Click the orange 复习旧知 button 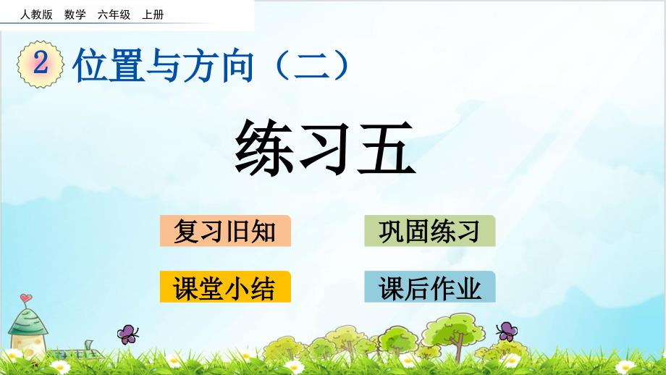(x=225, y=231)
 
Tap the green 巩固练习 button (x=429, y=231)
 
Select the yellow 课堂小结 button (x=225, y=287)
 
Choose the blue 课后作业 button (x=429, y=287)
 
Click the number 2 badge (x=41, y=64)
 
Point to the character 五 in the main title (x=386, y=148)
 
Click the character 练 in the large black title (x=264, y=148)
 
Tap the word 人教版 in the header (x=36, y=14)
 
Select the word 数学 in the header (x=75, y=14)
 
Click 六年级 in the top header (x=114, y=14)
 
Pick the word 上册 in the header (x=153, y=14)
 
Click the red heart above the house (x=26, y=298)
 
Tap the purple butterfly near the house (x=128, y=334)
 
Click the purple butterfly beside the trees (x=507, y=331)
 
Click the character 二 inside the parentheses (x=312, y=66)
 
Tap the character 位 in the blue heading (x=90, y=65)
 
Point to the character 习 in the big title (x=325, y=148)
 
